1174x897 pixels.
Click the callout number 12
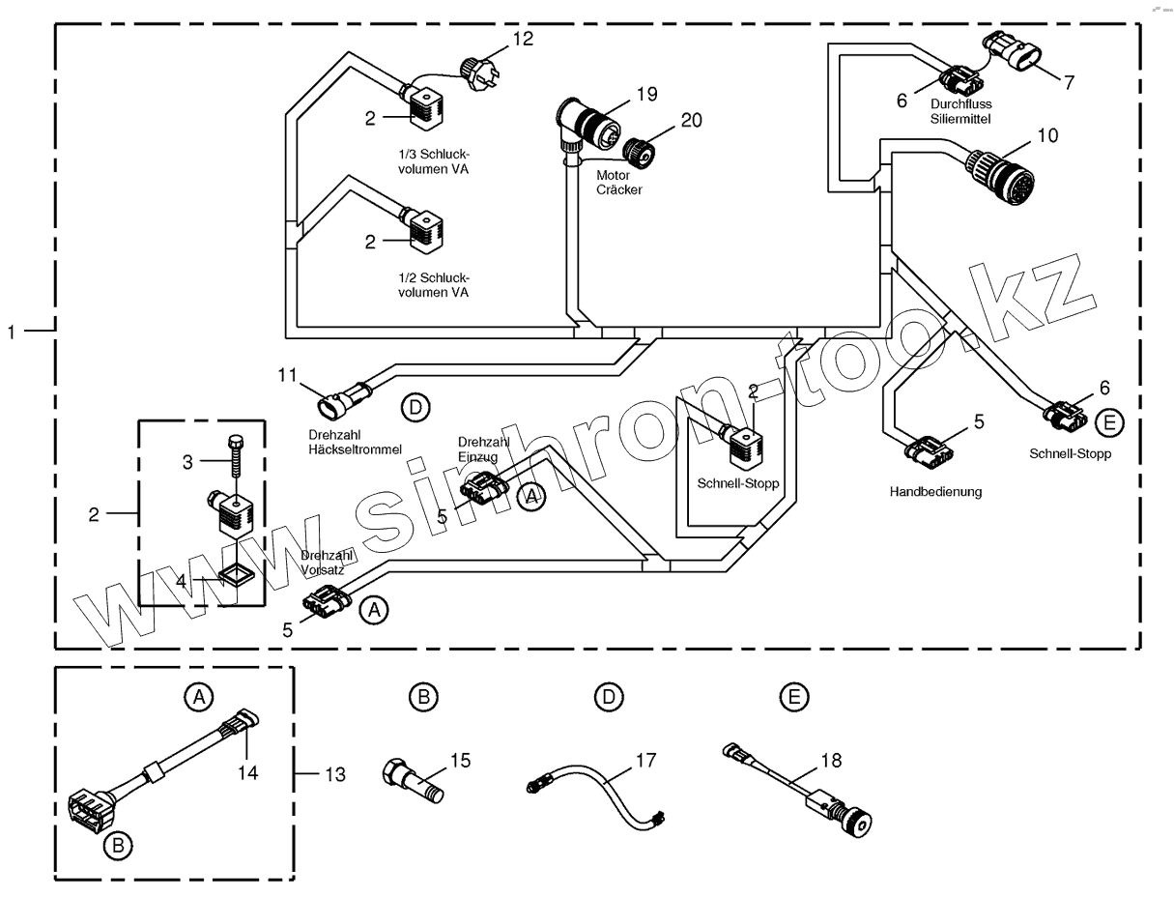pos(523,39)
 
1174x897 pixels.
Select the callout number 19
pos(646,94)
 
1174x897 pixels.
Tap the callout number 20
pos(691,121)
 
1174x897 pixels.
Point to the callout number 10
pos(1047,136)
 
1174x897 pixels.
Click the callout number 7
pos(1069,83)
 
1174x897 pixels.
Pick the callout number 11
pos(287,375)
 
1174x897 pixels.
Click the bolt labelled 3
pos(235,455)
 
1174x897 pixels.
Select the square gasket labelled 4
pos(236,576)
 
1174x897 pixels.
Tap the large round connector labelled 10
pos(998,176)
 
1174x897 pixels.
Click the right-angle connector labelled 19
pos(587,123)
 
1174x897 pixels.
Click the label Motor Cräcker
pos(618,183)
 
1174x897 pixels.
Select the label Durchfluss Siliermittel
pos(960,111)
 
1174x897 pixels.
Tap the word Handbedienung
pos(935,492)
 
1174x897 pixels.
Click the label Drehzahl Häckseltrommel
pos(355,442)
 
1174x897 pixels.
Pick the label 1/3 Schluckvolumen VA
pos(433,161)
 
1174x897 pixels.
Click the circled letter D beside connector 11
pos(415,408)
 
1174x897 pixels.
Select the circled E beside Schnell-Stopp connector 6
pos(1109,423)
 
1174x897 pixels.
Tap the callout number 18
pos(831,761)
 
